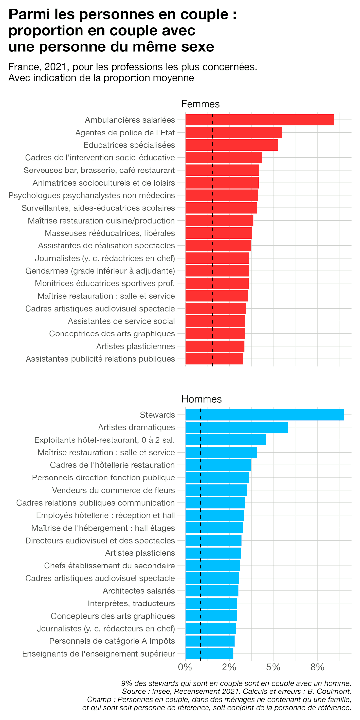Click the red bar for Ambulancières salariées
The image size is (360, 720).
260,120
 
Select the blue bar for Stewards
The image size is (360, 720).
264,415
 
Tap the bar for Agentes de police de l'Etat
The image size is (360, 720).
234,133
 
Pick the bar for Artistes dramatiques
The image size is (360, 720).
237,427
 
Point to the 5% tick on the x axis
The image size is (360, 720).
273,667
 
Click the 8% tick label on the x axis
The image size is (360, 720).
317,667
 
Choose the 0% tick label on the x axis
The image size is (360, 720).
185,667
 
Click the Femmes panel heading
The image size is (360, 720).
200,104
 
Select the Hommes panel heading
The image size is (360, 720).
201,399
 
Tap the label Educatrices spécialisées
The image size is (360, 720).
129,145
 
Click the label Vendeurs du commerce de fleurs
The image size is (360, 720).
114,490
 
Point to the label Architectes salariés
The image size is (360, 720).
139,591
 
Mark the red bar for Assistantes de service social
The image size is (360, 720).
215,321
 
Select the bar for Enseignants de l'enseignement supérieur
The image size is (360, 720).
209,654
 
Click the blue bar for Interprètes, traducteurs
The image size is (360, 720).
211,603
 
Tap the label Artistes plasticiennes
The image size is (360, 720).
135,346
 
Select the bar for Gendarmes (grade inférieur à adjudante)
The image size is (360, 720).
217,271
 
